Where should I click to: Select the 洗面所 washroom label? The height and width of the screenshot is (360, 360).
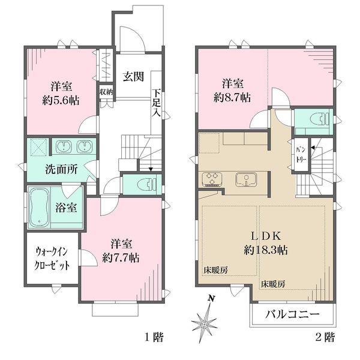(62, 170)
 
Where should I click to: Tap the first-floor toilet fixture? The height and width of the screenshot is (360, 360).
(145, 184)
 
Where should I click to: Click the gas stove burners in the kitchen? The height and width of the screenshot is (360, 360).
(213, 179)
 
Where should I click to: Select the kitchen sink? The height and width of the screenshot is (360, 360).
(245, 179)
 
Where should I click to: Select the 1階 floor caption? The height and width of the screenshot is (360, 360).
(154, 337)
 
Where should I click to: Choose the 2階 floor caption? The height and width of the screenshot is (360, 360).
(326, 337)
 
